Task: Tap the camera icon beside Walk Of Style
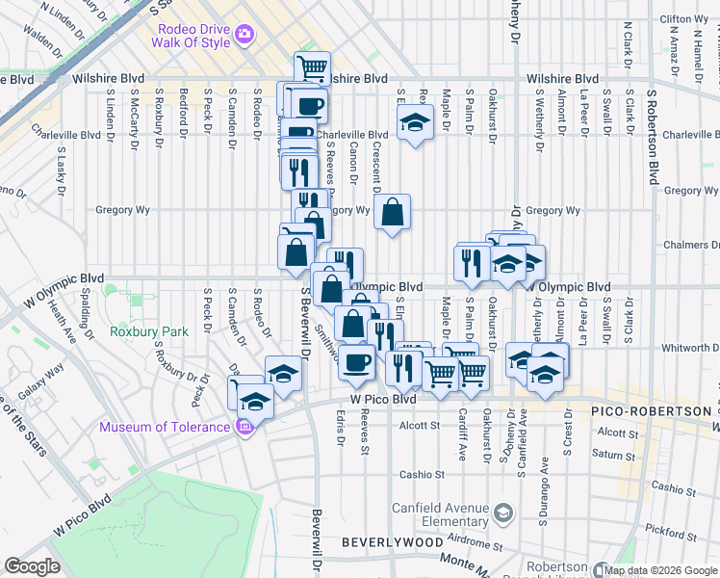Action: pos(244,34)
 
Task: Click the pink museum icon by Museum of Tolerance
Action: pos(244,426)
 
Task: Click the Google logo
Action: pos(32,566)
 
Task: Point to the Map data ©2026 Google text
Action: pos(660,570)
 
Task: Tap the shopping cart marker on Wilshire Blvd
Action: pos(312,68)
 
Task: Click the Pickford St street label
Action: pos(665,530)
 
